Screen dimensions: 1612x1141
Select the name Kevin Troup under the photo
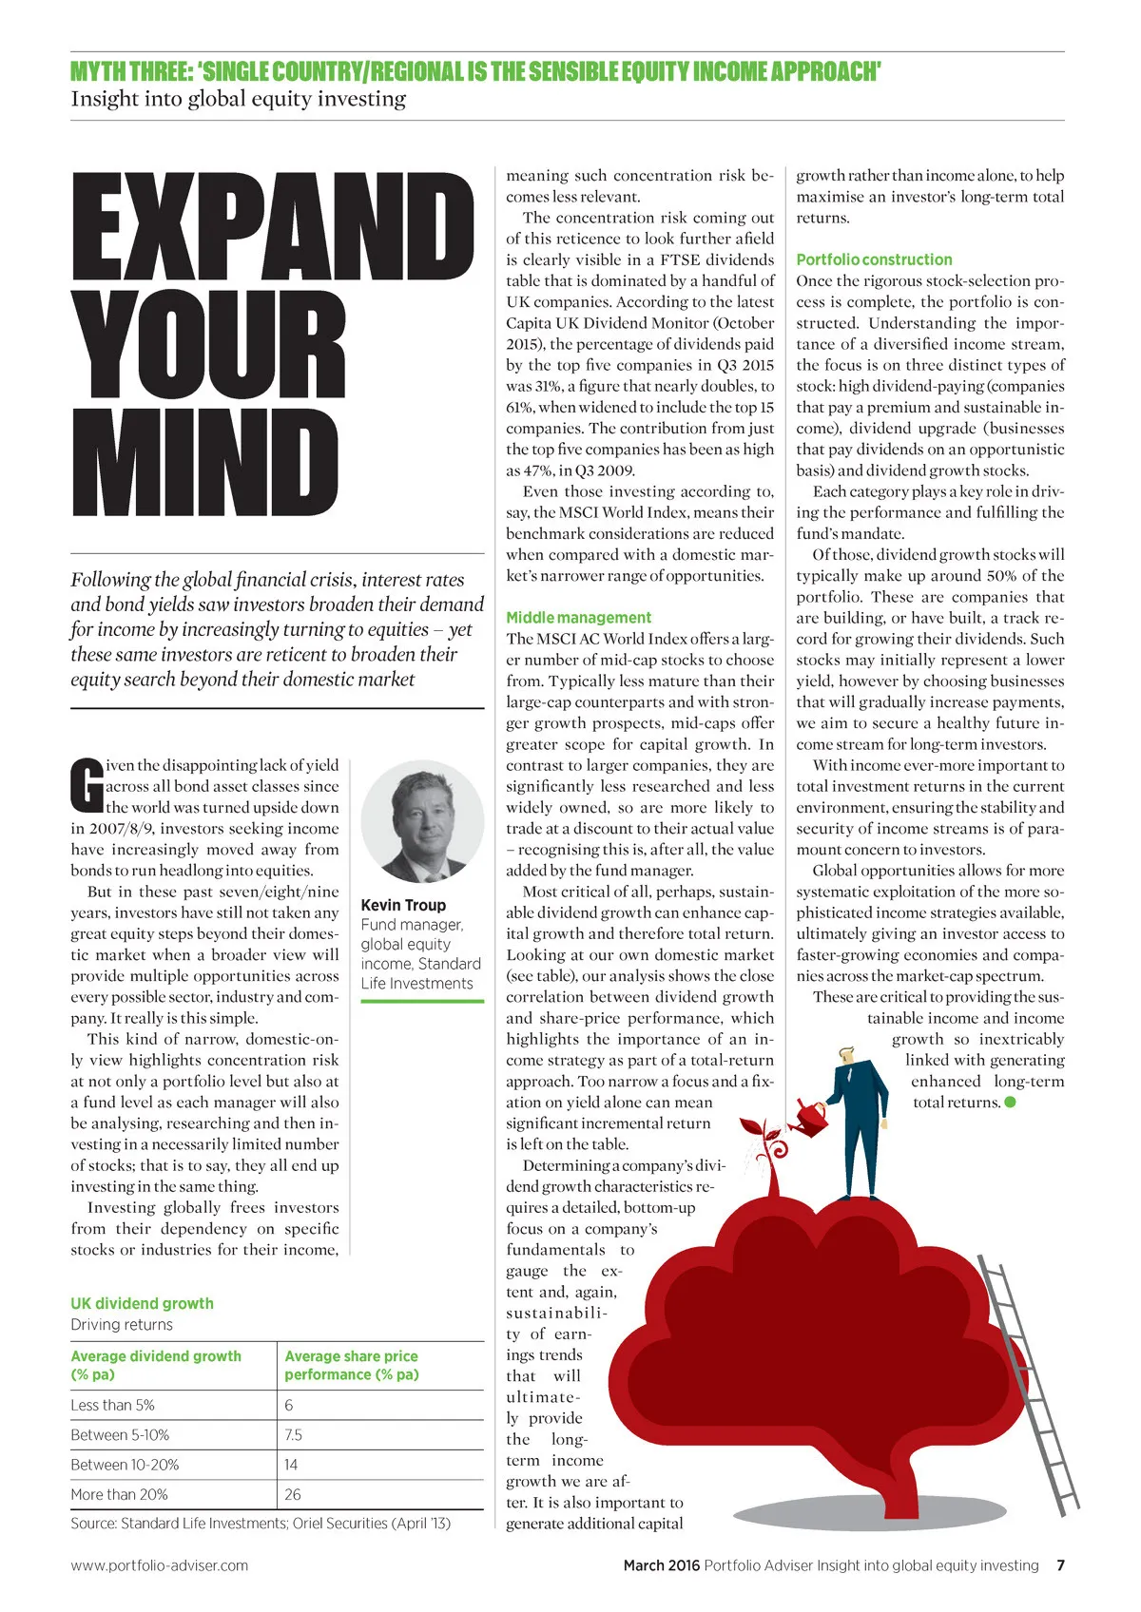point(403,905)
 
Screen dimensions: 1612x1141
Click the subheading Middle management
point(578,618)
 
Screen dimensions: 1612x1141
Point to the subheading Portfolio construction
point(874,259)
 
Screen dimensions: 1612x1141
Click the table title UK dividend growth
point(142,1303)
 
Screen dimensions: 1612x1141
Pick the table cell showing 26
point(293,1494)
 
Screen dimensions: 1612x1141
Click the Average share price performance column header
point(351,1365)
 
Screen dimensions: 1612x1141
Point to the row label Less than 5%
point(112,1405)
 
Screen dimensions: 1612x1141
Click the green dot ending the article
point(1010,1103)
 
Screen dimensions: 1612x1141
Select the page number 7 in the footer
point(1060,1565)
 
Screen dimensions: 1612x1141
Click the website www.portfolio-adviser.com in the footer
point(159,1565)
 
